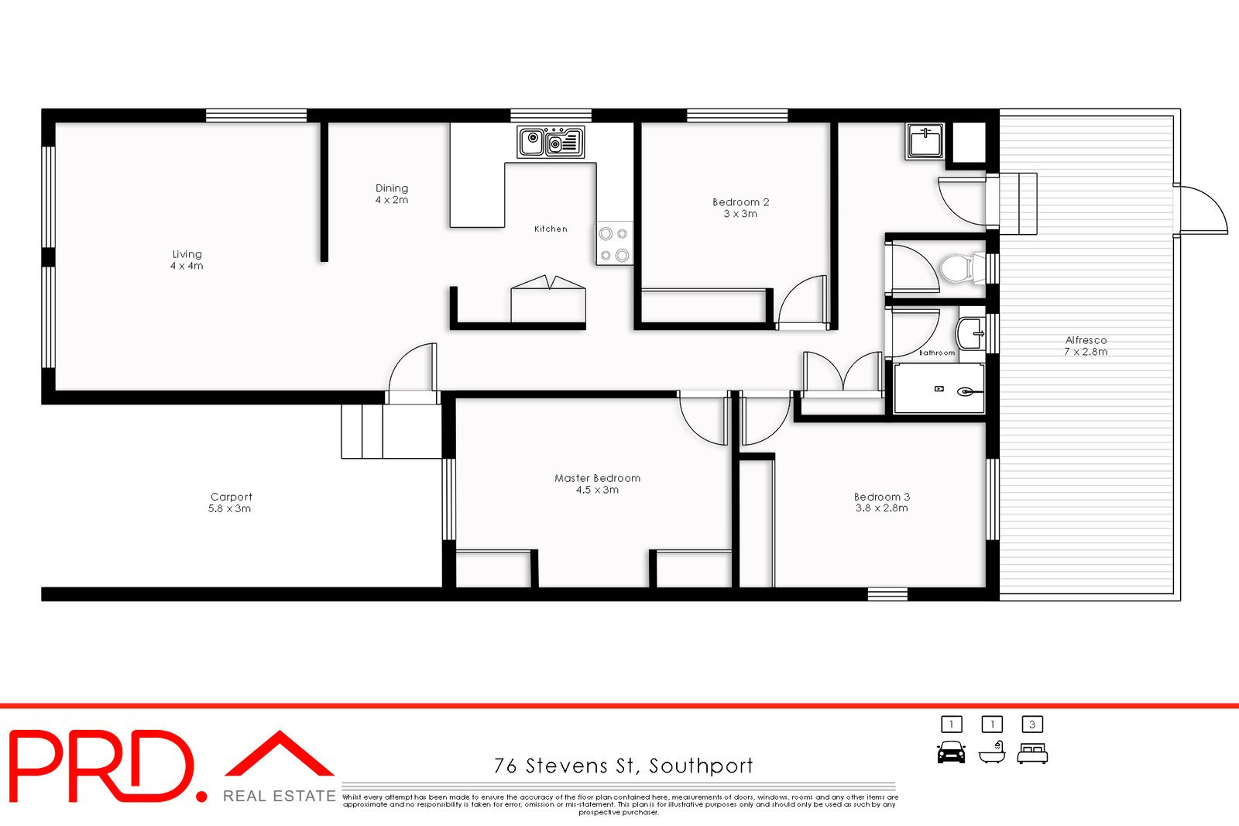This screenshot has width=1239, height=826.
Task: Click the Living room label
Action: coord(187,260)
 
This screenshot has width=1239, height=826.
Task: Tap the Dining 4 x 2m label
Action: coord(392,194)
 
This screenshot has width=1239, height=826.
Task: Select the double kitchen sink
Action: coord(551,143)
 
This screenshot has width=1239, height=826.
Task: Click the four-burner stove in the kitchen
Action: coord(614,243)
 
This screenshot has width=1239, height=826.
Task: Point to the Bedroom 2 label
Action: coord(741,208)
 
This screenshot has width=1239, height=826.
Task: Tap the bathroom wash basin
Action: coord(970,333)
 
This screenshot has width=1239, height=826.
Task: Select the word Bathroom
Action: coord(937,353)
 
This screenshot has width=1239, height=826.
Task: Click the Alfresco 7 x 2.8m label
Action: coord(1086,346)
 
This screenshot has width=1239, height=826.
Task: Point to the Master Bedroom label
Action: coord(597,484)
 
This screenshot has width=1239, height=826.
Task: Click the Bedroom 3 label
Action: coord(882,502)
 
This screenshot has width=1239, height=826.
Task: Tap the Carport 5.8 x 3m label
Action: coord(231,502)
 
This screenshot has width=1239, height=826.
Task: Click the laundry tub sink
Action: coord(925,143)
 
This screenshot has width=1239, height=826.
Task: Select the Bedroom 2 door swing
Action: coord(801,302)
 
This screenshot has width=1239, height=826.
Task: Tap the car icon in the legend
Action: coord(951,752)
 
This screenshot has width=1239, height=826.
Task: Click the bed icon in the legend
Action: coord(1031,752)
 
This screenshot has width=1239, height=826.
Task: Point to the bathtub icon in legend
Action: coord(991,752)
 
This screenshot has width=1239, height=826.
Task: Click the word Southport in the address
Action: coord(701,766)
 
